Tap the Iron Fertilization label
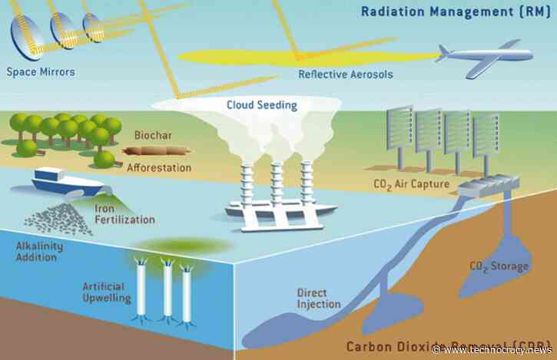pyautogui.click(x=124, y=213)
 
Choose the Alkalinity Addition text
pyautogui.click(x=36, y=251)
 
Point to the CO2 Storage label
pyautogui.click(x=499, y=266)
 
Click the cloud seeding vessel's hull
pyautogui.click(x=274, y=218)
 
